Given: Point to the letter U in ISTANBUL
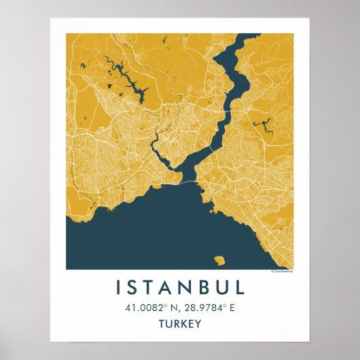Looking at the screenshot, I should [230, 287].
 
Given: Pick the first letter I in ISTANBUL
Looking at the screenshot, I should [120, 287].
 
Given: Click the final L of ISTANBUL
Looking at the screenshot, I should [247, 287].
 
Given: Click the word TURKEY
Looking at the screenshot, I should [180, 324].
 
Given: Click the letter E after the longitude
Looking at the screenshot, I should [232, 308].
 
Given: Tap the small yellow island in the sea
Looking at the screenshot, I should [221, 259].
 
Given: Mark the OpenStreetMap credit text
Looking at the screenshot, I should [282, 271].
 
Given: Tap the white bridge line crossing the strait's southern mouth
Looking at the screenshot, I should [187, 181].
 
